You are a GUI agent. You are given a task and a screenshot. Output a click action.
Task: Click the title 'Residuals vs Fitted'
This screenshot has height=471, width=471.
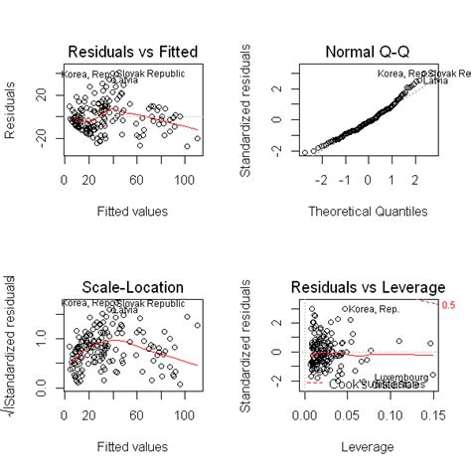pos(130,52)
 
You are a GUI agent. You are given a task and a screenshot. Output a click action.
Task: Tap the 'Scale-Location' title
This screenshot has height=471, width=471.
pos(130,287)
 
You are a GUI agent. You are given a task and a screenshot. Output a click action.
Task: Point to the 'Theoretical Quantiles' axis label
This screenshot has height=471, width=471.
pos(367,211)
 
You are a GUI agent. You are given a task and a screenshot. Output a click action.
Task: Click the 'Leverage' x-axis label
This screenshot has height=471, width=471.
pos(367,446)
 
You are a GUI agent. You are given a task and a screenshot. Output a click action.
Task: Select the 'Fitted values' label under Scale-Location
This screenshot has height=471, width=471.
pos(130,446)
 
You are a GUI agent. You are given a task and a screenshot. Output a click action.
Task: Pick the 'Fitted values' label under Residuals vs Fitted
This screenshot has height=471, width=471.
pos(130,211)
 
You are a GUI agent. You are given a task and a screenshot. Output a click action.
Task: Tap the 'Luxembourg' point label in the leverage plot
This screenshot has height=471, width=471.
pos(401,378)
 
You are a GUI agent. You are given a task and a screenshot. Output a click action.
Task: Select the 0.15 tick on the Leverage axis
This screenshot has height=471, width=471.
pos(432,417)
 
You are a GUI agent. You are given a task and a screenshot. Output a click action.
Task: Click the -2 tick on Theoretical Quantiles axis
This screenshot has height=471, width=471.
pos(321,182)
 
